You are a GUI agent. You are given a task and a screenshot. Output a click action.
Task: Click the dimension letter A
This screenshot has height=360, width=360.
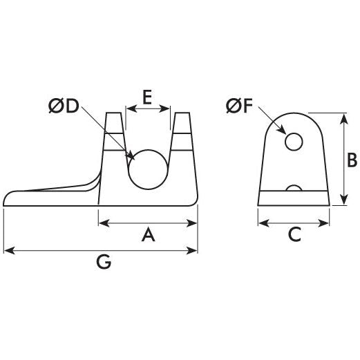(x=147, y=236)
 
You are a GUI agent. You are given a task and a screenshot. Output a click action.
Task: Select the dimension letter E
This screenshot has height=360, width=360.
(x=148, y=97)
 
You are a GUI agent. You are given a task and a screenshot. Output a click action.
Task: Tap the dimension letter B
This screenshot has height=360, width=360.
(x=351, y=160)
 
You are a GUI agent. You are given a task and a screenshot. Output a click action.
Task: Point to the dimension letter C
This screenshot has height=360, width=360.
(x=294, y=236)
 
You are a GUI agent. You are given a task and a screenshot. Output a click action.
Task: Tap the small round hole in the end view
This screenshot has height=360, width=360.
(x=294, y=142)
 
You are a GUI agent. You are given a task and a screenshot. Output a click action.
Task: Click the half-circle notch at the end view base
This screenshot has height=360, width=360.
(x=294, y=188)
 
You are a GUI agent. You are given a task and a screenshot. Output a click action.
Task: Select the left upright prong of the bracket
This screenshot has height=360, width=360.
(x=114, y=135)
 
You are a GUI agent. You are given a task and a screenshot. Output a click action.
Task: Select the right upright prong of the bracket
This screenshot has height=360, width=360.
(x=182, y=135)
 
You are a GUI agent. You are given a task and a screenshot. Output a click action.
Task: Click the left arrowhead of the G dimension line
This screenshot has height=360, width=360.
(x=7, y=250)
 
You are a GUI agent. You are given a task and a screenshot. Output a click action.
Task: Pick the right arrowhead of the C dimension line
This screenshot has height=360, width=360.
(x=326, y=222)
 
